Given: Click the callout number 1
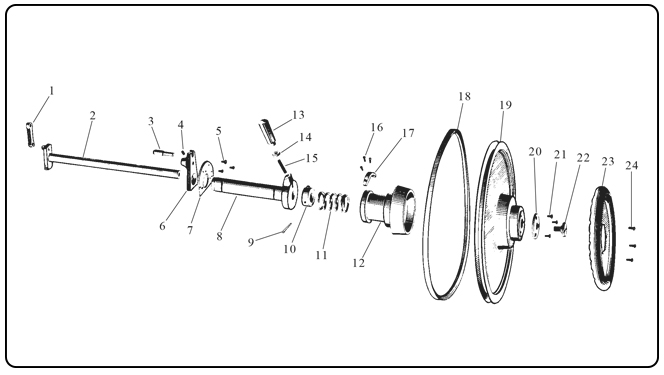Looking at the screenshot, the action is tap(52, 91).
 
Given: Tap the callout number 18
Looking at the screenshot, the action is tap(465, 97).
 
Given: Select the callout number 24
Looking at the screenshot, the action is tap(631, 165).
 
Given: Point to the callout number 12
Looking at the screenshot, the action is tap(358, 263).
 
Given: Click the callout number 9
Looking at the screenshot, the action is tap(251, 243).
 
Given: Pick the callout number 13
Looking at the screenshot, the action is tap(298, 115).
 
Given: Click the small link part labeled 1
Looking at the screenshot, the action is tap(30, 135).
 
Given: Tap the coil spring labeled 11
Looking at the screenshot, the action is tap(334, 202).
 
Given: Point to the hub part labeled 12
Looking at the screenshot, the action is tap(387, 208).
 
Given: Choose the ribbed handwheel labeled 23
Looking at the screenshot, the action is tap(602, 238).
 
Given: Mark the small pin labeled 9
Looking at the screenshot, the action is tap(288, 228).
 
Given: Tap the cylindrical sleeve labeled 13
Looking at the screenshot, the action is tap(268, 131).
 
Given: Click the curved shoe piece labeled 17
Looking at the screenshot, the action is tap(369, 178).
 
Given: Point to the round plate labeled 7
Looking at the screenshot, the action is tap(205, 177).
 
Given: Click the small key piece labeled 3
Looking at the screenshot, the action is tap(163, 152).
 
